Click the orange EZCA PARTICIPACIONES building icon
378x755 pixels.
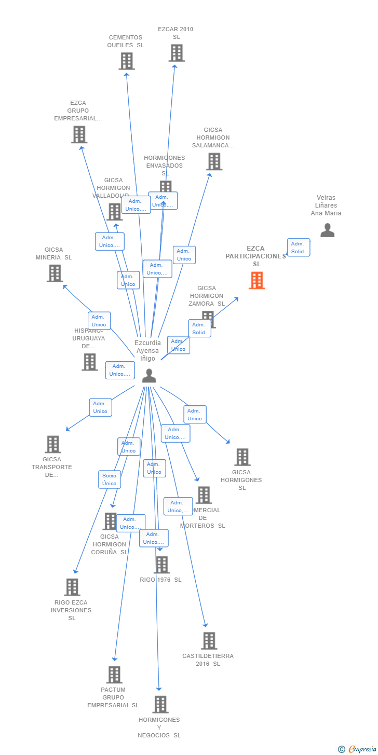click(x=256, y=281)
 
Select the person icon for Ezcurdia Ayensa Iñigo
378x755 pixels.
click(x=149, y=376)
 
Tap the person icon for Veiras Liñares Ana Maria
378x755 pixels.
click(x=327, y=230)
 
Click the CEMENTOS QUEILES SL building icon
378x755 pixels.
click(x=126, y=61)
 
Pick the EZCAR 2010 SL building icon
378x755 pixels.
click(x=177, y=53)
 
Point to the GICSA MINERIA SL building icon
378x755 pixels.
click(x=55, y=273)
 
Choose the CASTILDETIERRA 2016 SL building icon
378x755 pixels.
click(x=209, y=641)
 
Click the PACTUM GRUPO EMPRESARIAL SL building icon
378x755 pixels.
click(x=114, y=675)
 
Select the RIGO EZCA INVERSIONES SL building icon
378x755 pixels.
click(x=72, y=587)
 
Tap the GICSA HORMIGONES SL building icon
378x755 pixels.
click(x=242, y=457)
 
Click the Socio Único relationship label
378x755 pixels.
click(x=110, y=479)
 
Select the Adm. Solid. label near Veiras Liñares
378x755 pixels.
click(x=299, y=248)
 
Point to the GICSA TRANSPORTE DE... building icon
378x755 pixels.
click(x=52, y=444)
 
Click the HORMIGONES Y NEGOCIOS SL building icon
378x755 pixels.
click(x=160, y=705)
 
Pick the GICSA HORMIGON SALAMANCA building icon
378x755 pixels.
click(x=214, y=162)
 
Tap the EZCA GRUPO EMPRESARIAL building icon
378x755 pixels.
click(x=79, y=135)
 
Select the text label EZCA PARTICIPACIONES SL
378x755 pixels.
click(x=255, y=256)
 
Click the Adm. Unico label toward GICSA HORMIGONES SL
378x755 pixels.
click(x=195, y=415)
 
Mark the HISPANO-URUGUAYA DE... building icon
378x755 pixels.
click(x=89, y=362)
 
